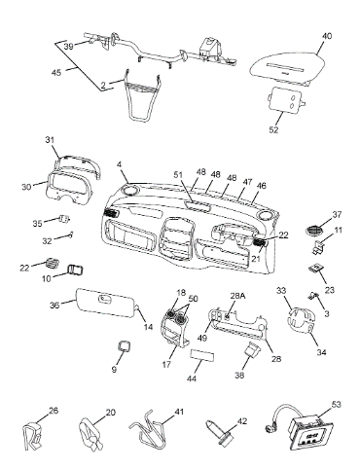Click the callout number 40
tap(327, 36)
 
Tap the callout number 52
tap(273, 129)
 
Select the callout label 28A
tap(237, 296)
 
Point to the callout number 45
tap(56, 73)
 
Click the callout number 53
tap(337, 404)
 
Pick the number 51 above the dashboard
tap(179, 175)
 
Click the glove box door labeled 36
tap(106, 303)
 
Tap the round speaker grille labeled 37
tap(314, 231)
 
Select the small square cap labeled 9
tap(124, 345)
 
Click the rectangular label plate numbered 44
tap(201, 355)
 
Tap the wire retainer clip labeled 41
tap(148, 429)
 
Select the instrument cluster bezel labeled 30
tap(69, 188)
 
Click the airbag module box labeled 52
tap(286, 100)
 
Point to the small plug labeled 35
tap(64, 219)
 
